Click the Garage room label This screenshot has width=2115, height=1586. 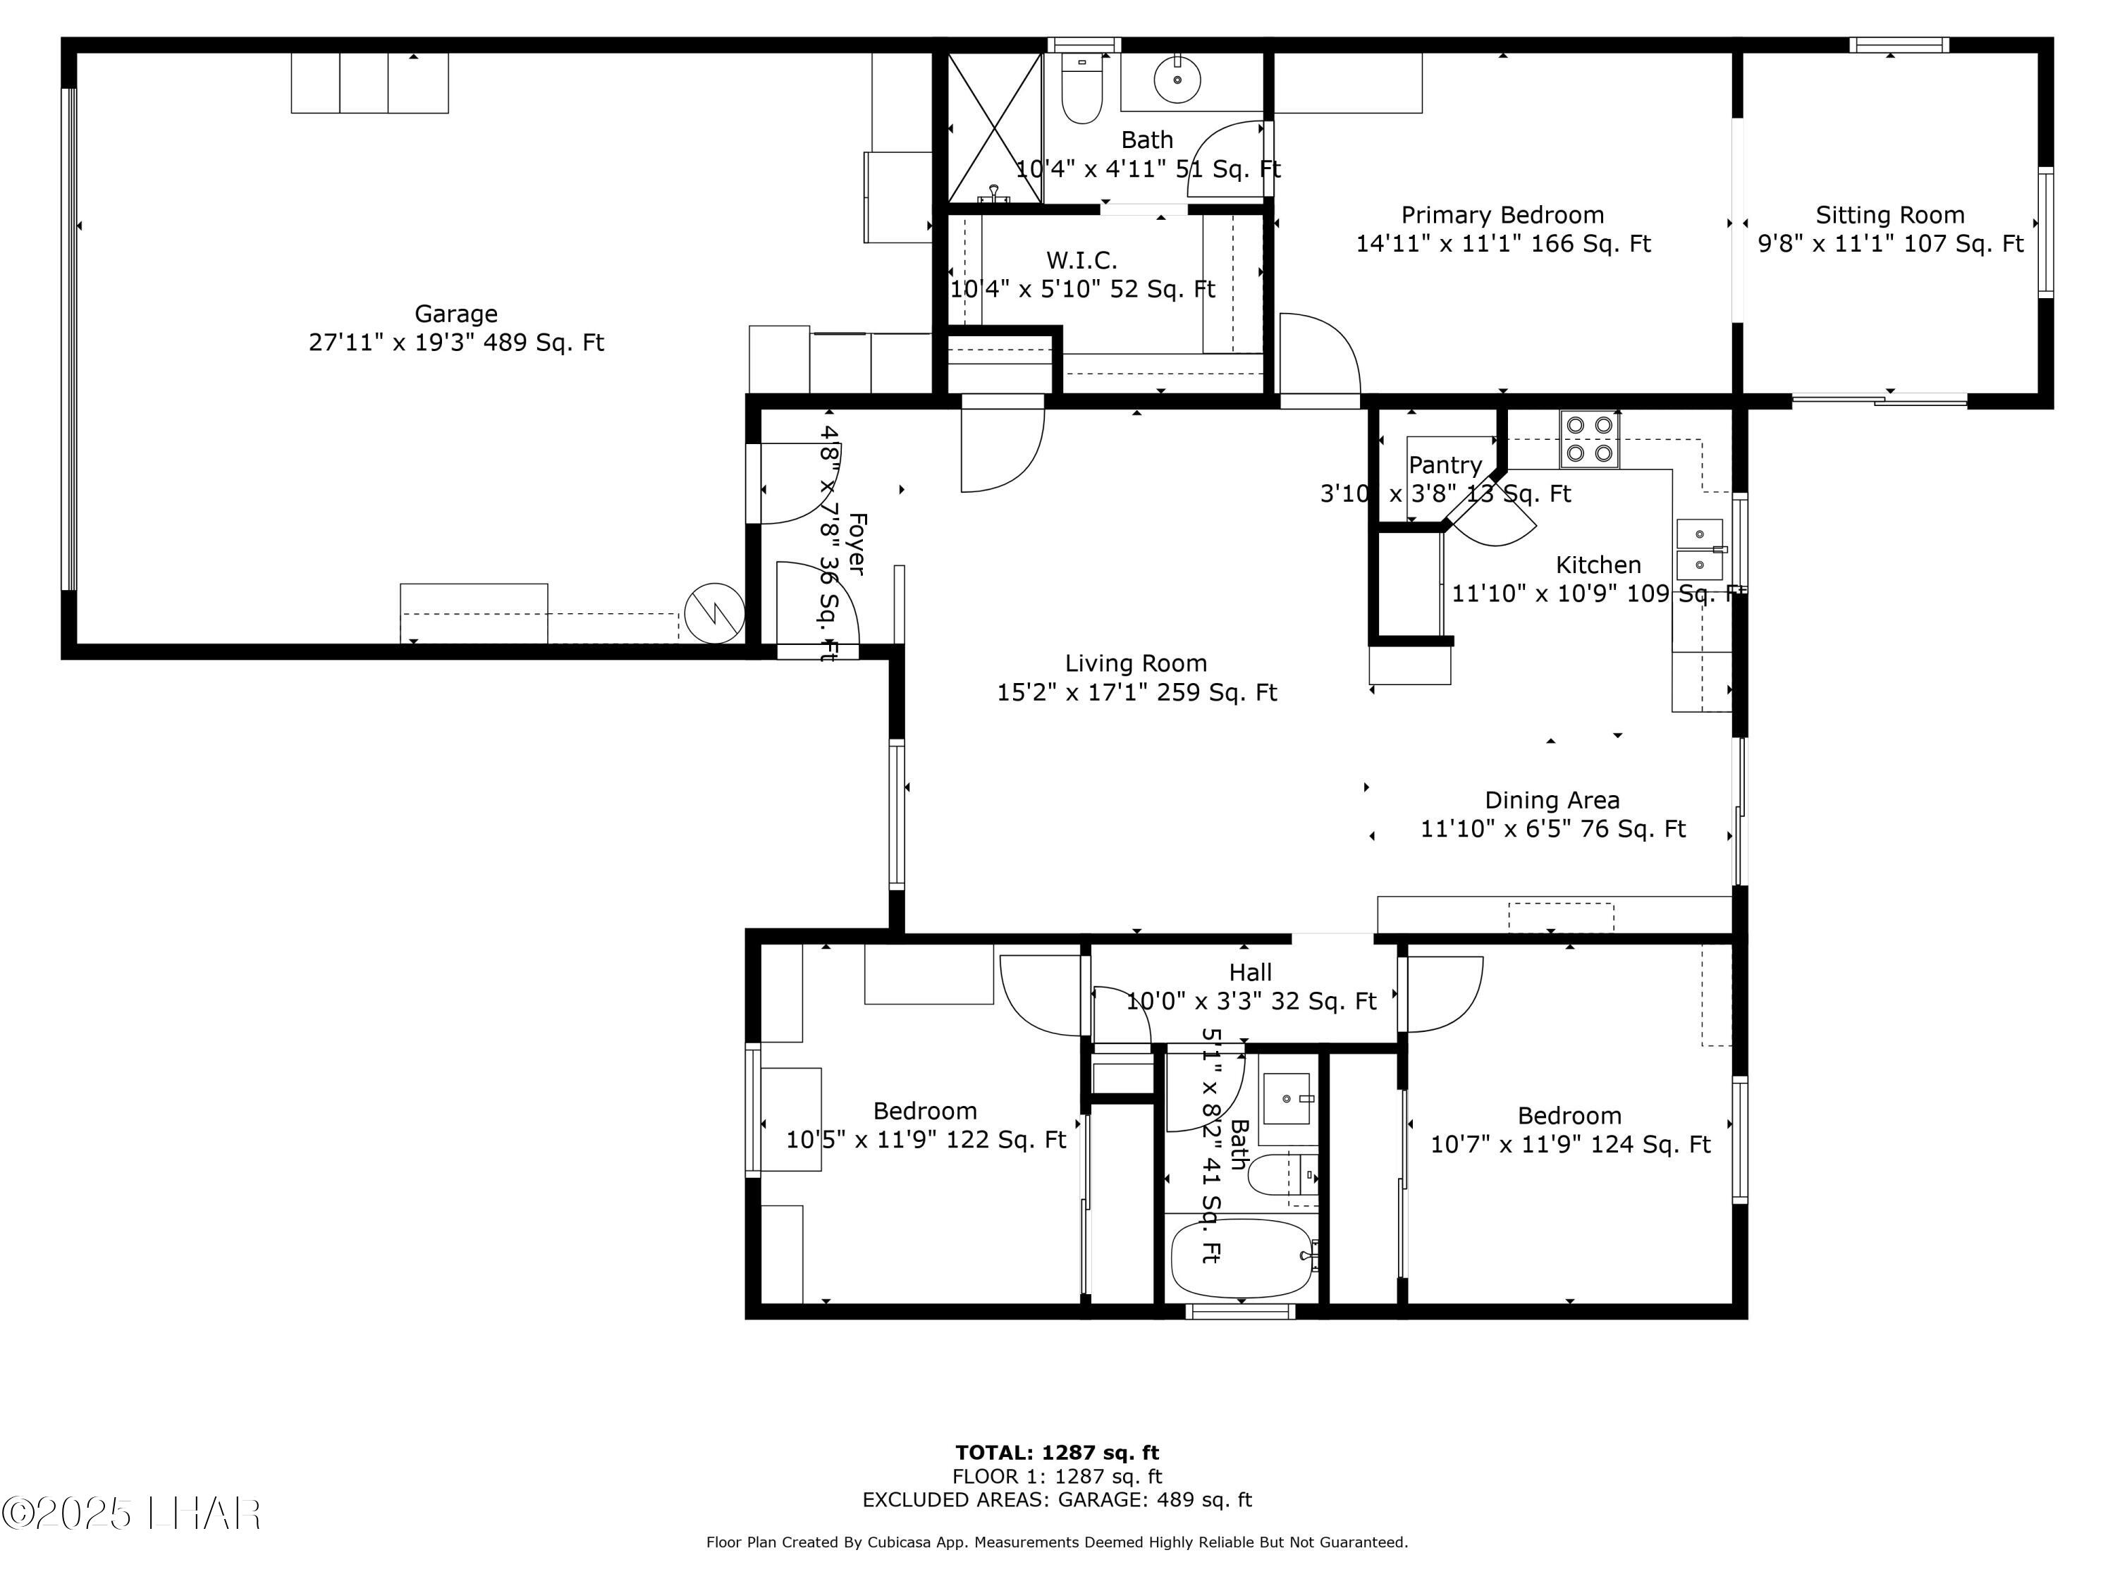[455, 314]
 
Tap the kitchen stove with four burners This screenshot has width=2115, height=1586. [1589, 439]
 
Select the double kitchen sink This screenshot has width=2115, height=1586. [1700, 551]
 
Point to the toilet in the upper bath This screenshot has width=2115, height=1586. [1082, 92]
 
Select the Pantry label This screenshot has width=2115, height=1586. [1445, 465]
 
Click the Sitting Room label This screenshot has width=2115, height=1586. [1889, 215]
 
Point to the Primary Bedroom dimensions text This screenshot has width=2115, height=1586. [1502, 244]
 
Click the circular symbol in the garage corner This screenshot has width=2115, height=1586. [714, 613]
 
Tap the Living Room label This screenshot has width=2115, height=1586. [1136, 663]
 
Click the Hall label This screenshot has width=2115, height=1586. [1250, 972]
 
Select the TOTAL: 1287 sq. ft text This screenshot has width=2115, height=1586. [1057, 1453]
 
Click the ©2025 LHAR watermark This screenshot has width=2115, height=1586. [131, 1513]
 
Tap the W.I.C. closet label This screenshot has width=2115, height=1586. [1081, 260]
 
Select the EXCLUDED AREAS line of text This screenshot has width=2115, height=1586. [1057, 1499]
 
